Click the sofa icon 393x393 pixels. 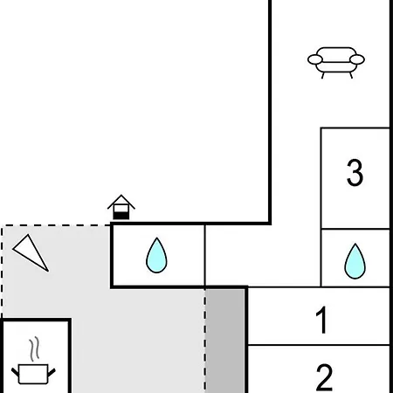336,63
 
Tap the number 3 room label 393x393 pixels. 355,172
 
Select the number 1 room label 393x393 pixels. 322,320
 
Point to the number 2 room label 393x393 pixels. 324,377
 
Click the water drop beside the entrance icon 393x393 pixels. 156,255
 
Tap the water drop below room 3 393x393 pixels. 355,261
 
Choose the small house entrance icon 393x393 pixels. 121,207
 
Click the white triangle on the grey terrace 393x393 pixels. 31,252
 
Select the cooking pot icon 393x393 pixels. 33,374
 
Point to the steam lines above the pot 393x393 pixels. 34,348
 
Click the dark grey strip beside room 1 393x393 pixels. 225,341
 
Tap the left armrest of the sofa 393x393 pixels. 315,59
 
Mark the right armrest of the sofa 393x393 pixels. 357,59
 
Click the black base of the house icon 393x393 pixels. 121,216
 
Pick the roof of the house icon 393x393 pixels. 121,202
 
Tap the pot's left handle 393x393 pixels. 15,372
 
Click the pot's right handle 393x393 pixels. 52,372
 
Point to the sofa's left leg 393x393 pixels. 323,75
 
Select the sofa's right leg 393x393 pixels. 351,75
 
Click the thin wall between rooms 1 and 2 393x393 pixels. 319,345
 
